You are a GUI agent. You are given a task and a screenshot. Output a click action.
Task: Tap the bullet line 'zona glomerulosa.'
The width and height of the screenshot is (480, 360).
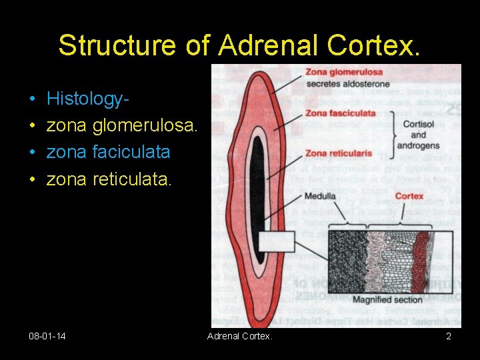(122, 126)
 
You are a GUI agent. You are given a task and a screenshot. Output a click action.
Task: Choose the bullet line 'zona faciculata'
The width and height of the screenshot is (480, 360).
(108, 152)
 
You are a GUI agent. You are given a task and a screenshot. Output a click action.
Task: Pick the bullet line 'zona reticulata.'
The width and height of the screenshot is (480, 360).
(109, 178)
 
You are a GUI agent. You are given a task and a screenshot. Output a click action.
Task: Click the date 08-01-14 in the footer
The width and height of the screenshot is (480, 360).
(47, 337)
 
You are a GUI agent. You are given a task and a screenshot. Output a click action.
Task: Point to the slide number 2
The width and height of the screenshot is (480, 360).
(449, 337)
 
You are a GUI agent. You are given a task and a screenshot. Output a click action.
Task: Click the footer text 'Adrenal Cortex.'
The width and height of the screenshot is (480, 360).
(240, 337)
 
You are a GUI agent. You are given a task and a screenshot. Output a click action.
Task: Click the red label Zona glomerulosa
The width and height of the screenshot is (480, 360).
(344, 73)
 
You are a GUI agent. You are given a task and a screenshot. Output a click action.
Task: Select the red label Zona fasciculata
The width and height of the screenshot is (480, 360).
(340, 114)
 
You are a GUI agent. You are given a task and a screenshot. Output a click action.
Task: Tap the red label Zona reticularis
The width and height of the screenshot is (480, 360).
(339, 153)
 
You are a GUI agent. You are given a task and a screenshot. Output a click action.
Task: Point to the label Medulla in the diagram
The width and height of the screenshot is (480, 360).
(320, 196)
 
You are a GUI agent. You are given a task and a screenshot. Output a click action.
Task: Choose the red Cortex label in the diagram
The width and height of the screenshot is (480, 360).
(409, 196)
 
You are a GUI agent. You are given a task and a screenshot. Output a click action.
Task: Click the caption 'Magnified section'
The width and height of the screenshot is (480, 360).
(387, 299)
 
